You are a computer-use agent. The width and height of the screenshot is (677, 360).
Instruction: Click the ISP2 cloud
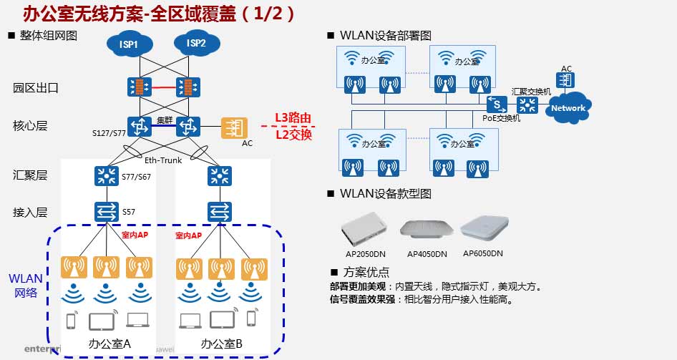pyautogui.click(x=196, y=44)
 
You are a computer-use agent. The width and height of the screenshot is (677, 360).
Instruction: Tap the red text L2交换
pyautogui.click(x=293, y=134)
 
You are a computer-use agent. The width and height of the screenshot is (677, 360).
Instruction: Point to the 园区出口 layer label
pyautogui.click(x=35, y=88)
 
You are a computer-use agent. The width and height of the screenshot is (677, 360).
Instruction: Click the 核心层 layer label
pyautogui.click(x=30, y=126)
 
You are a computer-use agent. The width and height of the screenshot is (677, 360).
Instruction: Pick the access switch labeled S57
pyautogui.click(x=107, y=211)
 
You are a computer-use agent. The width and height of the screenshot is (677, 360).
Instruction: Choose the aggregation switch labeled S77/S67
pyautogui.click(x=107, y=175)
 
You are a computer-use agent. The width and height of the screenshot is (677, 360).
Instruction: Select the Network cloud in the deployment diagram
pyautogui.click(x=568, y=108)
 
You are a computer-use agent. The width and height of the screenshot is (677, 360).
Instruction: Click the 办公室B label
pyautogui.click(x=221, y=344)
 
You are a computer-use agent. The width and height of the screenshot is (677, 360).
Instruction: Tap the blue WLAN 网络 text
pyautogui.click(x=26, y=285)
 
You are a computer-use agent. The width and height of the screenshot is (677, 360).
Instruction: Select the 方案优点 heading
pyautogui.click(x=366, y=272)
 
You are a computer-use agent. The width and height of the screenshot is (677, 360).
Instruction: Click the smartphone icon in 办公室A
pyautogui.click(x=71, y=321)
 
